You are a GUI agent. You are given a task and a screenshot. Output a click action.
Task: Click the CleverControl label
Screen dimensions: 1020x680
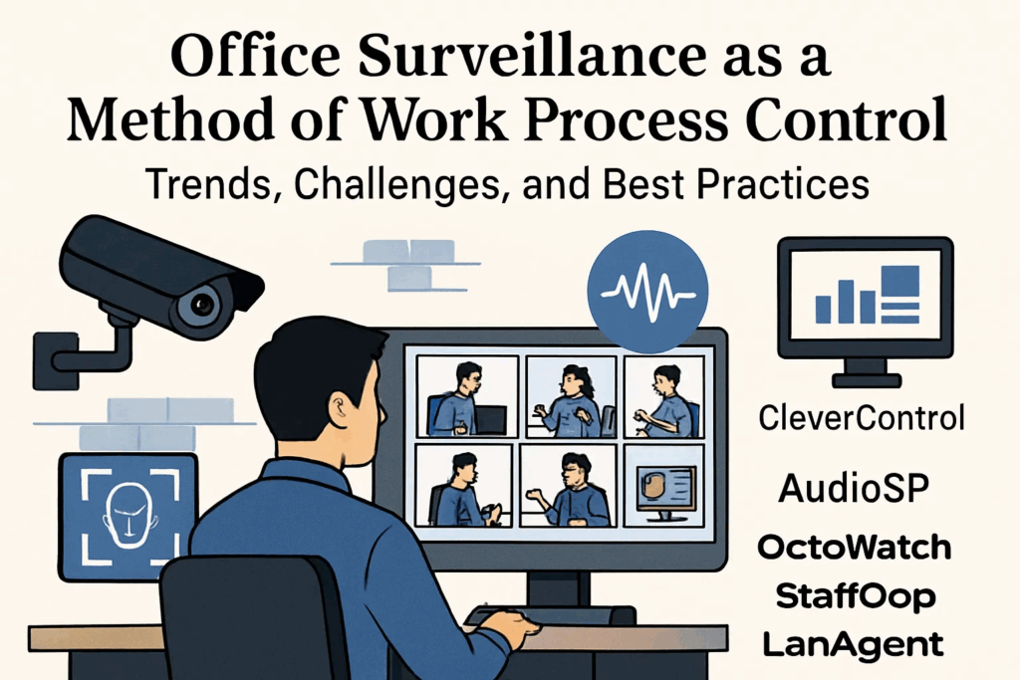[862, 417]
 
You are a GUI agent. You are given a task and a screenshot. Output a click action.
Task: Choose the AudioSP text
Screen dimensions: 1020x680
[854, 488]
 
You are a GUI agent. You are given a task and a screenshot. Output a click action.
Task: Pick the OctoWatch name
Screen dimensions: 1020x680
[854, 548]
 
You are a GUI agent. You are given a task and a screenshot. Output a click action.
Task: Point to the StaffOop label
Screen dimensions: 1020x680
[856, 596]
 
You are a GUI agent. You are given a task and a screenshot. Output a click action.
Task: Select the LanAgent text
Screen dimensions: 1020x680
[853, 645]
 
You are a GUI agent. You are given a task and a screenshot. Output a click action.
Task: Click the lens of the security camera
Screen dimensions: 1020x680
[202, 304]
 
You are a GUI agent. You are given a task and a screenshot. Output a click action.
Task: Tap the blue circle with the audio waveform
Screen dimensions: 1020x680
[647, 291]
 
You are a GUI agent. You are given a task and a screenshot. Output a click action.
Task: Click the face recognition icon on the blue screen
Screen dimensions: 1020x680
[130, 517]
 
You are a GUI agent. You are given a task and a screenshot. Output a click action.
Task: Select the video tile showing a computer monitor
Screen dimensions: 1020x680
[663, 485]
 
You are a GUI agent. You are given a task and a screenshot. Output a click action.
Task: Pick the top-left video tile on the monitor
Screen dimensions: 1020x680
[467, 396]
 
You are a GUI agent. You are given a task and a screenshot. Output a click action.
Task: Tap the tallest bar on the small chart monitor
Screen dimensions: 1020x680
[900, 281]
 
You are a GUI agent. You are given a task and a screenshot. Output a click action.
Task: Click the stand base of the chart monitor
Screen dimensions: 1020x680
[867, 379]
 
